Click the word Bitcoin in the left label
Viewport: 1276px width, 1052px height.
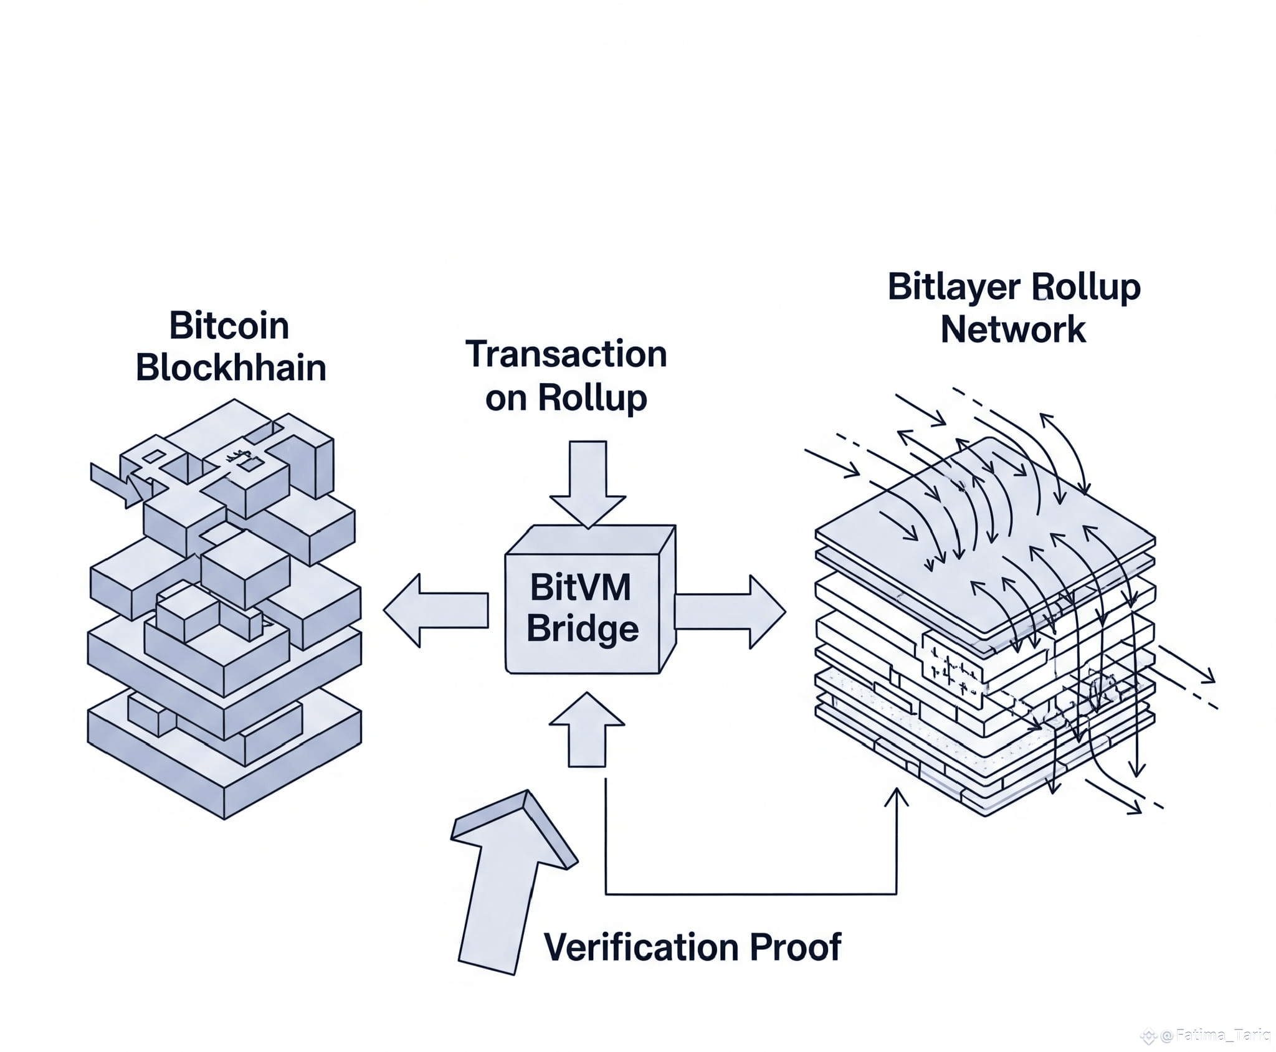(x=229, y=326)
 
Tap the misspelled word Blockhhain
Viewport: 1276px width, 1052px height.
(x=231, y=367)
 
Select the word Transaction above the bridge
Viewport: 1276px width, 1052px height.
(x=566, y=354)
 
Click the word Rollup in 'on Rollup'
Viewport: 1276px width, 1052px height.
(x=592, y=397)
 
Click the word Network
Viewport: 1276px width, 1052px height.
(x=1013, y=329)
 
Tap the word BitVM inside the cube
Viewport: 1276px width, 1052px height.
(x=580, y=587)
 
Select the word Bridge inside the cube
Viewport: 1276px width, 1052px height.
(x=583, y=628)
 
